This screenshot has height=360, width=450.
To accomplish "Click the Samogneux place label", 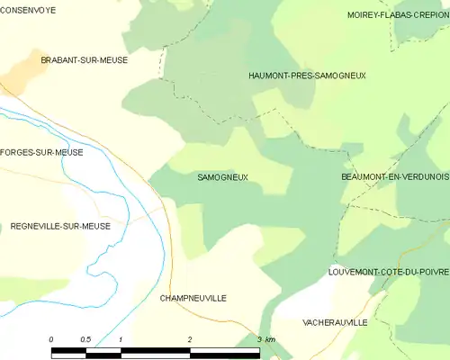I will point(222,178).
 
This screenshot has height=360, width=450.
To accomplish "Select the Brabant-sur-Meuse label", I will point(84,60).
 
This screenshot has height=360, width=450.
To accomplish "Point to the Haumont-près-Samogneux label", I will point(307,76).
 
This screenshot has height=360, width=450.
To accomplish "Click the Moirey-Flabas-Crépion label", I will point(398,15).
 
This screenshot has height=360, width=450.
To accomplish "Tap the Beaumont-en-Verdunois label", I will point(395,177).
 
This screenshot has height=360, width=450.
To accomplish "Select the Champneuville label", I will point(193,298).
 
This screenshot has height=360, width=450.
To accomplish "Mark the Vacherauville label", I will point(336,321).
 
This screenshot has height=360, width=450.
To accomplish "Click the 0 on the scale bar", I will point(51,339).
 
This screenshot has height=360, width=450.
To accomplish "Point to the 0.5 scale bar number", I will point(85,339).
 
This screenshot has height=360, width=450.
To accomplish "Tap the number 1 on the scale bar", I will point(120,339).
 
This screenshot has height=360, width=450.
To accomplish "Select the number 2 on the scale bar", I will point(190,339).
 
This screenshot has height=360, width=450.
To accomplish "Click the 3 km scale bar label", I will point(265,339).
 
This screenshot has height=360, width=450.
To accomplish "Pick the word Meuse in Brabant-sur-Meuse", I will point(112,60).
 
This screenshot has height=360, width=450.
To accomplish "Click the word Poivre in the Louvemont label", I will point(430,271).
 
